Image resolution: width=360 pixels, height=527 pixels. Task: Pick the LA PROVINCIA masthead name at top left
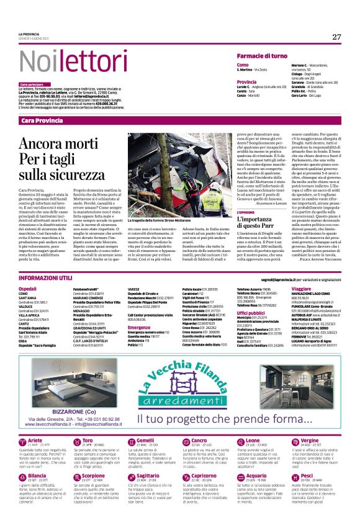27,34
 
